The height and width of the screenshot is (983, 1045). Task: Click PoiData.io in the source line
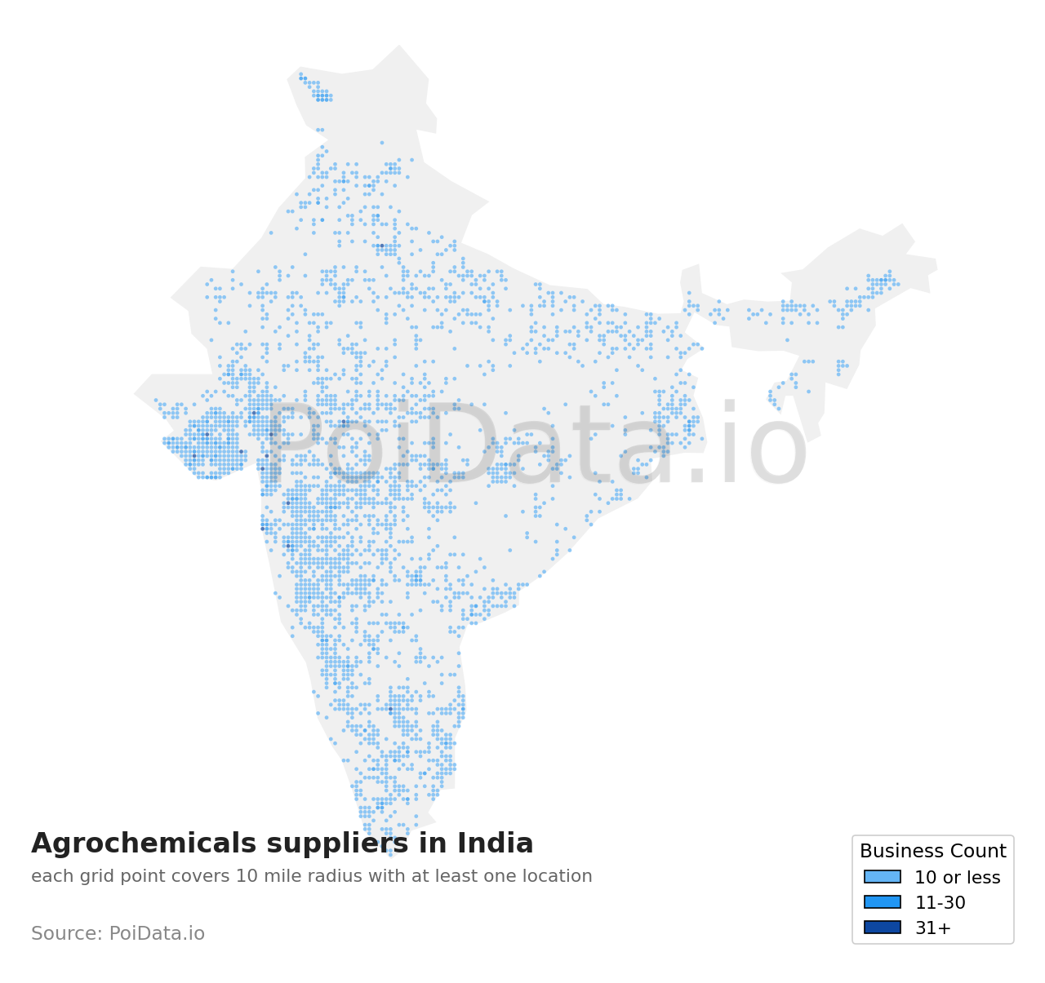click(x=157, y=934)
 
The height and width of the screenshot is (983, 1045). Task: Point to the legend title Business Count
click(x=932, y=852)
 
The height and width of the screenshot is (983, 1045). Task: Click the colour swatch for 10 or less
click(x=883, y=877)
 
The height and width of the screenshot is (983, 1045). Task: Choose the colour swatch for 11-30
click(x=883, y=902)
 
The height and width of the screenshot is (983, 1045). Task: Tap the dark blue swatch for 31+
click(x=883, y=928)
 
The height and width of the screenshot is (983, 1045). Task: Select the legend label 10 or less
click(x=957, y=878)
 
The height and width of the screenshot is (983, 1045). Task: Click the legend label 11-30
click(x=940, y=903)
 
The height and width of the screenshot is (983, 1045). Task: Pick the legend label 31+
click(x=932, y=928)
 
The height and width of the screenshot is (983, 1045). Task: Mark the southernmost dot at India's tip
click(x=390, y=855)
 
